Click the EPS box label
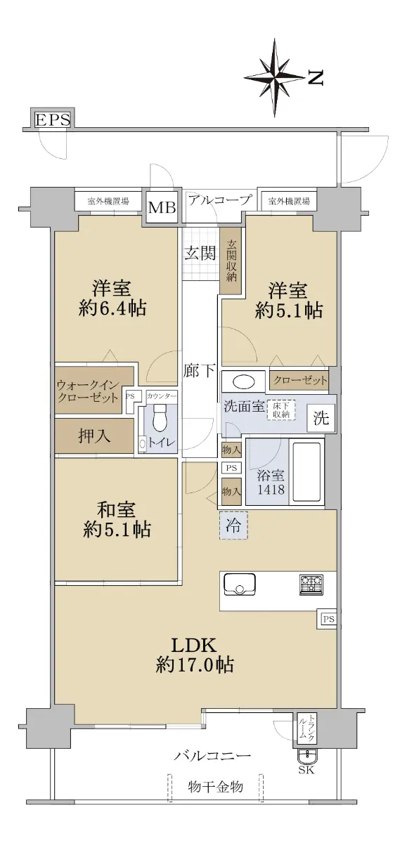click(x=53, y=119)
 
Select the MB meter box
click(x=162, y=207)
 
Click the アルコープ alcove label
click(x=219, y=200)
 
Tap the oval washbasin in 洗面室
click(x=244, y=382)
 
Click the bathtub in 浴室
click(x=306, y=472)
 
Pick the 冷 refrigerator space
click(x=233, y=525)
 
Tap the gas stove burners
click(x=311, y=584)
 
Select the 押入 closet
click(x=94, y=436)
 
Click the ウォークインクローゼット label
click(x=88, y=391)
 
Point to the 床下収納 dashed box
click(x=281, y=410)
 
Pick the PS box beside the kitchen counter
click(x=328, y=619)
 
